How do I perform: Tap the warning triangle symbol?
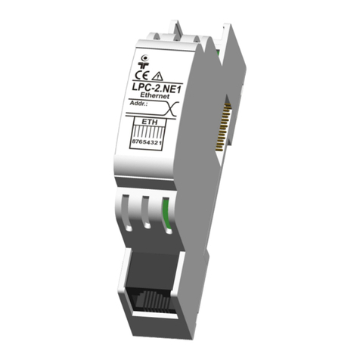click(x=158, y=76)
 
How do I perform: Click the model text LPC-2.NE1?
click(x=157, y=88)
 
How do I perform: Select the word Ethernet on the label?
click(x=155, y=96)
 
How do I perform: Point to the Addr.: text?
click(x=138, y=104)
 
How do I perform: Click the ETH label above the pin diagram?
click(x=150, y=123)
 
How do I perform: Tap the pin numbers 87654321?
click(x=147, y=142)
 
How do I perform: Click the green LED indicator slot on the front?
click(x=167, y=215)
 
